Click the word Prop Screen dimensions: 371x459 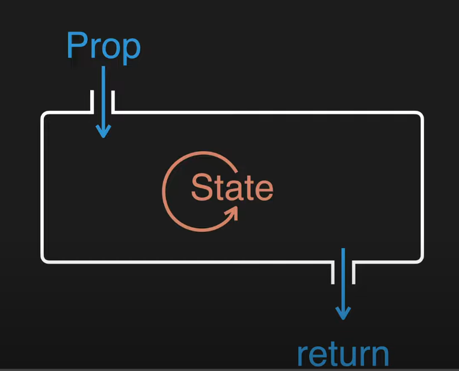tap(103, 46)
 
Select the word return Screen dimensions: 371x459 tap(343, 355)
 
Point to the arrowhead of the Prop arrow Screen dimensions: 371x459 tap(103, 131)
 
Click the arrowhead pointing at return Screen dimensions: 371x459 tap(343, 313)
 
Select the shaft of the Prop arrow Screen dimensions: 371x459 tap(103, 96)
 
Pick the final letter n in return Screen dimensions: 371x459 tap(378, 357)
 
